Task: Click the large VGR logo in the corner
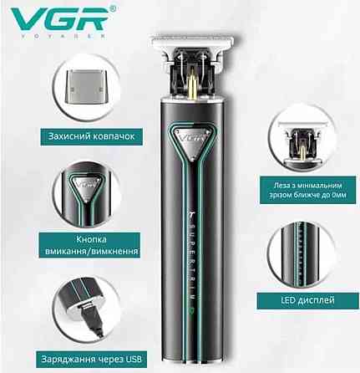pyautogui.click(x=59, y=18)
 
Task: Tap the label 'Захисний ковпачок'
pyautogui.click(x=92, y=136)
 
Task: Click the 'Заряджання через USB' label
pyautogui.click(x=92, y=359)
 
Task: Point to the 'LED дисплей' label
pyautogui.click(x=307, y=300)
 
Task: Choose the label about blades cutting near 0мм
pyautogui.click(x=307, y=190)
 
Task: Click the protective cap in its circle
pyautogui.click(x=85, y=87)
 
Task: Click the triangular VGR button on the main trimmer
pyautogui.click(x=191, y=142)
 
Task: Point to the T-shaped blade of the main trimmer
pyautogui.click(x=191, y=44)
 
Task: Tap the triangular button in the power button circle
pyautogui.click(x=86, y=186)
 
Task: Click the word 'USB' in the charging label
pyautogui.click(x=134, y=359)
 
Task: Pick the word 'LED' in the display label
pyautogui.click(x=288, y=300)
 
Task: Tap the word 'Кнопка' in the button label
pyautogui.click(x=91, y=240)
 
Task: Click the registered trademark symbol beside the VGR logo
pyautogui.click(x=112, y=9)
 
